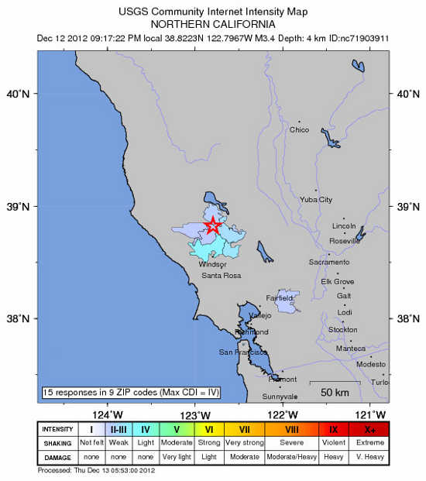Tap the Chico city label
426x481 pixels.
299,129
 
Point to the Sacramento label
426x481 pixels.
328,263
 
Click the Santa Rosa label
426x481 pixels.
222,275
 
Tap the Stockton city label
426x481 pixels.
342,329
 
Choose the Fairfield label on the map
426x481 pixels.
280,297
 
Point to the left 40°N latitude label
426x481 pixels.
19,94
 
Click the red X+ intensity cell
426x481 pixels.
370,429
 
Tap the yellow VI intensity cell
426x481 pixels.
209,429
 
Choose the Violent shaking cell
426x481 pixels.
333,442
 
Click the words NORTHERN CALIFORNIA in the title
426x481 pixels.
214,24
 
